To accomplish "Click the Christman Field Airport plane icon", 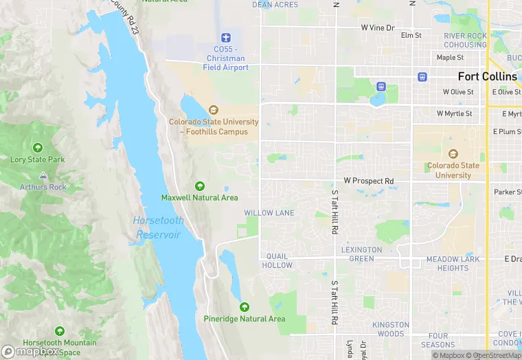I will coord(225,36).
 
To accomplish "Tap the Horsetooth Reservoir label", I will coord(157,227).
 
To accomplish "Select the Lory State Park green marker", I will coord(38,147).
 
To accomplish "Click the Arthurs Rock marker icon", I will coord(43,175).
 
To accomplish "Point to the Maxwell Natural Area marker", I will coord(200,185).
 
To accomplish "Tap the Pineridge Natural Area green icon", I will coord(245,307).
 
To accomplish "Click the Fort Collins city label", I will coord(488,76).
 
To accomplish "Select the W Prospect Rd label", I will coord(369,181).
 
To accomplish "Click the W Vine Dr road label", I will coord(378,28).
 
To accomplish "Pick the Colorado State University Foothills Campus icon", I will coord(214,110).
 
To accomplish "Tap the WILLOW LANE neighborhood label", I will coord(269,213).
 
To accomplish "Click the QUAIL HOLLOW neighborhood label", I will coord(277,261).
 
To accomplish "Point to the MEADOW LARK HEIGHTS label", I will coord(447,264).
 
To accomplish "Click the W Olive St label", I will coord(458,91).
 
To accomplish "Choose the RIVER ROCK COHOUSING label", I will coord(465,41).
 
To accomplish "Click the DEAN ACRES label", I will coord(275,5).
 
